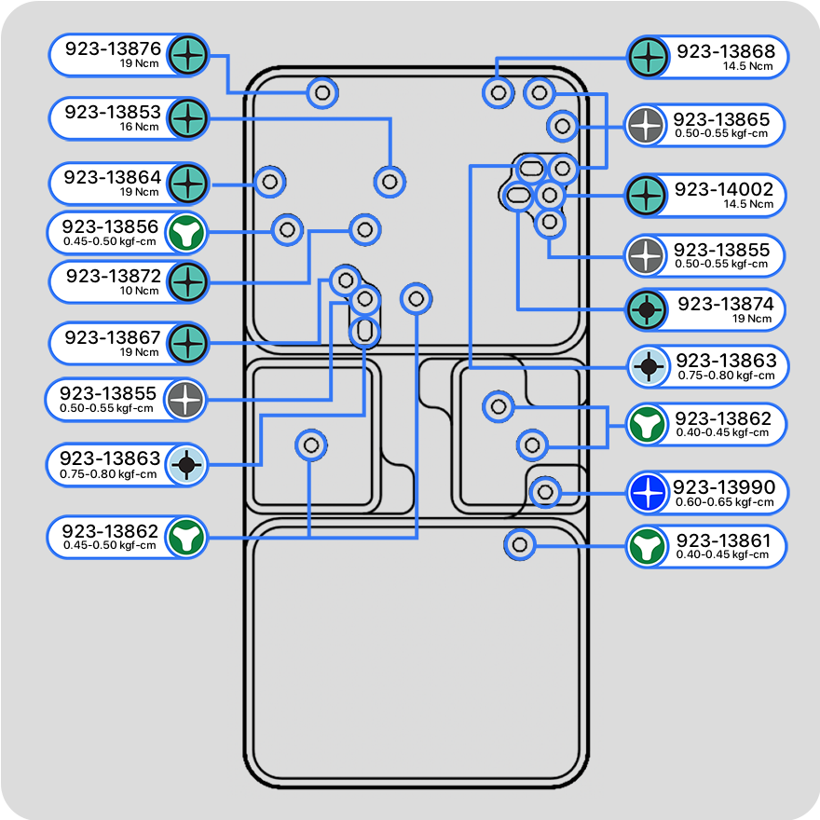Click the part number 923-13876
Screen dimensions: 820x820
coord(113,49)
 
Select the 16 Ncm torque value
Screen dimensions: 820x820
coord(140,127)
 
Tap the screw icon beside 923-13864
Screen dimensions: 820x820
coord(188,184)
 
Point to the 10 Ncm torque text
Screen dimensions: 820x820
coord(140,291)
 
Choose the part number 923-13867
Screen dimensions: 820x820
coord(113,336)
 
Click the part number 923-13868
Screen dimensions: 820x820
coord(725,51)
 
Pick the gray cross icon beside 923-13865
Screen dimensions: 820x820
coord(646,126)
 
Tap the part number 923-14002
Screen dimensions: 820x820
coord(724,189)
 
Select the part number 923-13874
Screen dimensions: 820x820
coord(725,305)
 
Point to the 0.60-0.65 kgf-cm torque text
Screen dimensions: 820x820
coord(724,502)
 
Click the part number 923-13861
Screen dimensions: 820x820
coord(723,540)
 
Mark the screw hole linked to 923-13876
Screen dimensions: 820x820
coord(322,93)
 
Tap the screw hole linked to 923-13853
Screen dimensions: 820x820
coord(390,181)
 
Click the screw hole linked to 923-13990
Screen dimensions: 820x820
coord(546,491)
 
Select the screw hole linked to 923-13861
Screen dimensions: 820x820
coord(520,543)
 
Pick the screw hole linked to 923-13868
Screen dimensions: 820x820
coord(498,92)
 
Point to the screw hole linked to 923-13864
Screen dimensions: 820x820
coord(270,182)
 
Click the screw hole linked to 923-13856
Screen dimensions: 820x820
coord(287,228)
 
